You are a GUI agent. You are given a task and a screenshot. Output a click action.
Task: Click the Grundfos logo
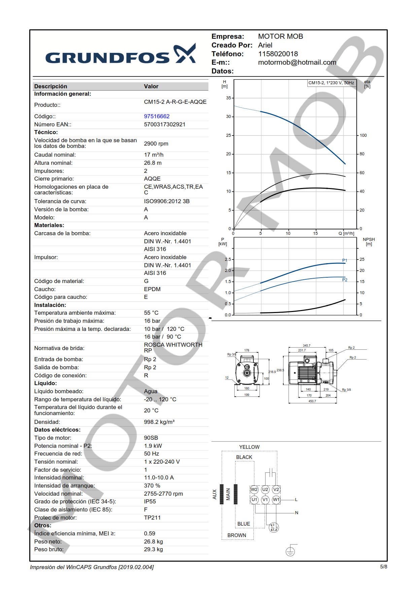click(120, 55)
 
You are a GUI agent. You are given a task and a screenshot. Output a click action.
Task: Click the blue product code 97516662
click(157, 116)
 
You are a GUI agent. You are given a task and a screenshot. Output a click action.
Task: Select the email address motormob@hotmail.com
click(297, 62)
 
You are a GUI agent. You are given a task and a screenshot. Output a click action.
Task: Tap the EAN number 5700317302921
click(165, 124)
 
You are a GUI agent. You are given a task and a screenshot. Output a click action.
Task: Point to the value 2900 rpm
click(156, 144)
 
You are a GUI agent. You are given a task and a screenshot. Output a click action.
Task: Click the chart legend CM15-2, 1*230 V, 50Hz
click(331, 83)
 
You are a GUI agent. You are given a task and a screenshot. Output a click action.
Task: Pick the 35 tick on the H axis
click(229, 98)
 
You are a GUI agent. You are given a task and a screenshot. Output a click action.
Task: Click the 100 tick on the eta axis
click(363, 135)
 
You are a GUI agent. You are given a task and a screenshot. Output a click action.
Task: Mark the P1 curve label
click(345, 260)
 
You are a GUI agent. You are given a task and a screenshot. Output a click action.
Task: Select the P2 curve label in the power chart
click(345, 280)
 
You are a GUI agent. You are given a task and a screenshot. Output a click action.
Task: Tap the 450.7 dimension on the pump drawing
click(312, 401)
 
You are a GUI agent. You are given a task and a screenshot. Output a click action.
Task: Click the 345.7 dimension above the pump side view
click(307, 346)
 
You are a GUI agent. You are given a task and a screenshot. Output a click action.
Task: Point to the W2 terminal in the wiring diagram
click(254, 490)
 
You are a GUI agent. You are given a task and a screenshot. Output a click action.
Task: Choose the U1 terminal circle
click(254, 500)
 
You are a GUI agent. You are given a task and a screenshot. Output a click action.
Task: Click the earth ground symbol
click(290, 551)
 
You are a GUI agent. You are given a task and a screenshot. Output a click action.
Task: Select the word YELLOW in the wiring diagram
click(249, 447)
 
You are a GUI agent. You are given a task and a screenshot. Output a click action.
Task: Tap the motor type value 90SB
click(151, 438)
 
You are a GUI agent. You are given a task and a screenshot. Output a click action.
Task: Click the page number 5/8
click(383, 567)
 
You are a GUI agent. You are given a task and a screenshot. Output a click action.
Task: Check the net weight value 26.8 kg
click(153, 541)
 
